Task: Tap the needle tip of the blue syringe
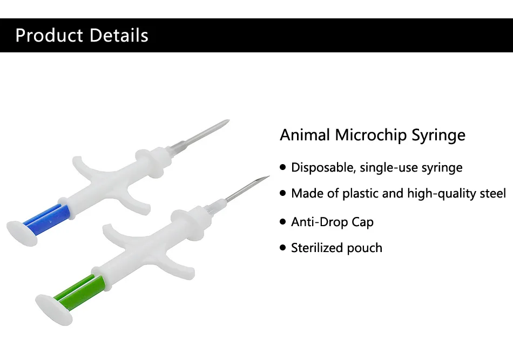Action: tap(229, 120)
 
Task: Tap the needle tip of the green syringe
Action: tap(268, 176)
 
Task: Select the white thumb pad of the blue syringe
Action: tap(22, 233)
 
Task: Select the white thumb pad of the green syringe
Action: tap(53, 310)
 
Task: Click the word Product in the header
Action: tap(49, 35)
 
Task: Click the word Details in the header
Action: tap(119, 35)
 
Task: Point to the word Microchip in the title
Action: tap(370, 135)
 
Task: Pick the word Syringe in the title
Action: tap(438, 135)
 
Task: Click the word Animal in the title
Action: tap(305, 135)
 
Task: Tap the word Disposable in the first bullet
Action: tap(323, 167)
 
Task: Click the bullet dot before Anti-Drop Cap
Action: tap(283, 222)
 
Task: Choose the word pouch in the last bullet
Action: tap(364, 248)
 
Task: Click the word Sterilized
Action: tap(316, 248)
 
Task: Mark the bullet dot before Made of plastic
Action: tap(283, 193)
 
